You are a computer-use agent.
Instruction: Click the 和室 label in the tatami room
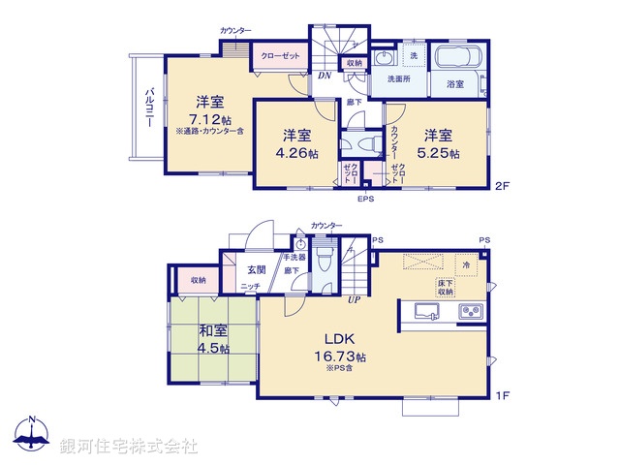[x=211, y=329]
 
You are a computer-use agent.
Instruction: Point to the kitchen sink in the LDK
[x=427, y=312]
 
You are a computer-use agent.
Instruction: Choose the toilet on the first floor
[x=325, y=260]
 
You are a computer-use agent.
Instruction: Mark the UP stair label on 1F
[x=356, y=299]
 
